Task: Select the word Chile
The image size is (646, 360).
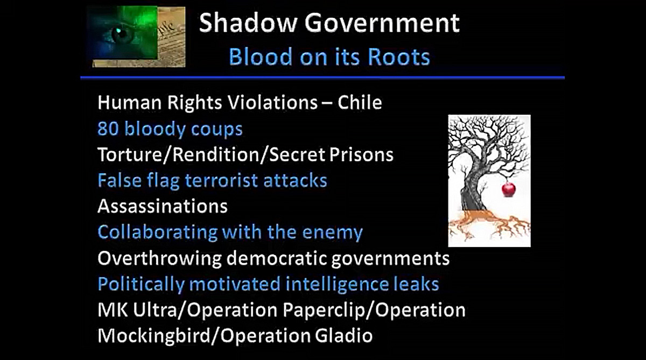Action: click(x=360, y=102)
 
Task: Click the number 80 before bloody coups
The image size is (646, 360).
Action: click(x=108, y=129)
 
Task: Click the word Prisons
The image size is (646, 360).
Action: click(x=361, y=155)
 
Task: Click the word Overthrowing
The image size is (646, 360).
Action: click(x=159, y=258)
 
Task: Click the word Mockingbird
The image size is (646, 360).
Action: click(x=154, y=336)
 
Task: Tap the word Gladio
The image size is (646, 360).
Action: click(x=343, y=336)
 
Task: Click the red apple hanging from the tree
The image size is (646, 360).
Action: click(x=508, y=189)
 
